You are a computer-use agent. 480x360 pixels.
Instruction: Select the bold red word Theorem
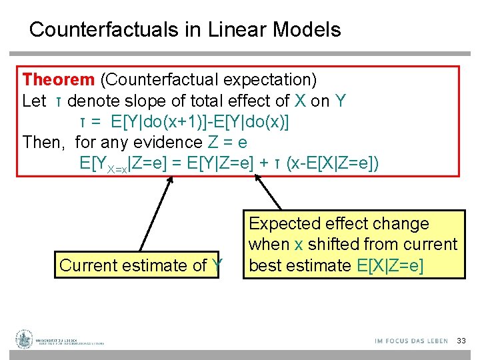point(59,80)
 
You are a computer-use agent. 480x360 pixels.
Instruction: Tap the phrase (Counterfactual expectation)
point(208,80)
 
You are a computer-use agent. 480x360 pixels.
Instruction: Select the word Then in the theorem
point(45,142)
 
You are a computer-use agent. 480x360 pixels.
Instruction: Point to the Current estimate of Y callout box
point(141,265)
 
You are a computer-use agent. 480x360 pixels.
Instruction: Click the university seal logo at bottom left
point(25,340)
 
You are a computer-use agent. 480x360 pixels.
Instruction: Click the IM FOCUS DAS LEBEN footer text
point(411,341)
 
